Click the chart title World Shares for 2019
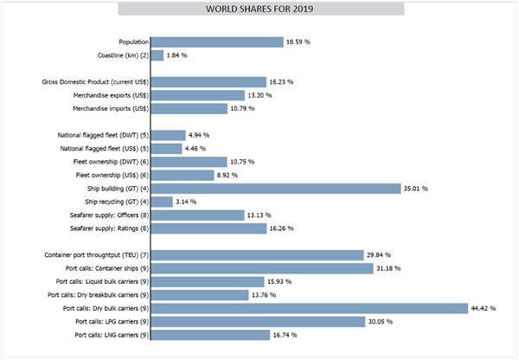[x=259, y=10]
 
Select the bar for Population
[x=217, y=42]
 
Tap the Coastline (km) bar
[x=157, y=55]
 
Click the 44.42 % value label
[x=477, y=308]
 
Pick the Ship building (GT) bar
[x=276, y=188]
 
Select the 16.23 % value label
[x=281, y=82]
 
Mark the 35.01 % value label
[x=414, y=188]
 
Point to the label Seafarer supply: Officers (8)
[x=101, y=215]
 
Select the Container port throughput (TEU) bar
[x=257, y=255]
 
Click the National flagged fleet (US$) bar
[x=167, y=148]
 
